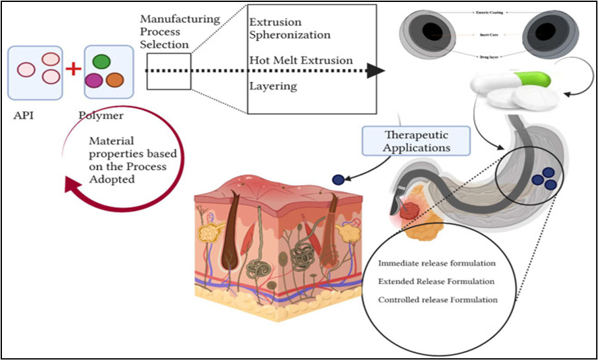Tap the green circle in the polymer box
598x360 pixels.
(101, 62)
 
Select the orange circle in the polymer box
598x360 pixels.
(114, 80)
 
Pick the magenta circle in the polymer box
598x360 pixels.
(94, 81)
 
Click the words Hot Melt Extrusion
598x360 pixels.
(301, 60)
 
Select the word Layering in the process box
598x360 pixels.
(273, 86)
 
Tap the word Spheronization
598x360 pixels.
(290, 34)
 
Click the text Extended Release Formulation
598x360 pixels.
(436, 281)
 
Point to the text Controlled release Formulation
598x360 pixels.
(438, 300)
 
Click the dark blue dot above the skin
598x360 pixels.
(337, 180)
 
